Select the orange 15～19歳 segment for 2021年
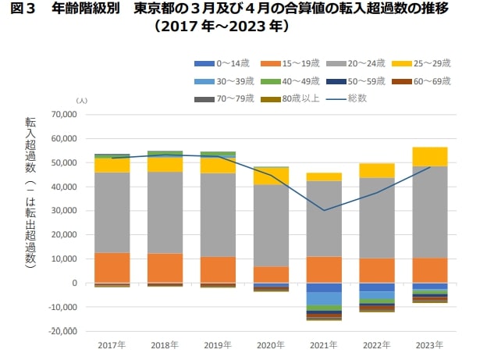(324, 269)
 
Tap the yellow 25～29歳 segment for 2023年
(430, 156)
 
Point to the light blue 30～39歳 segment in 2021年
(324, 298)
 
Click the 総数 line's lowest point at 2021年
(324, 210)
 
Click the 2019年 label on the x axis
(218, 344)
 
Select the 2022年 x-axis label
(377, 344)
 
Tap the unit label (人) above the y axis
(82, 101)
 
